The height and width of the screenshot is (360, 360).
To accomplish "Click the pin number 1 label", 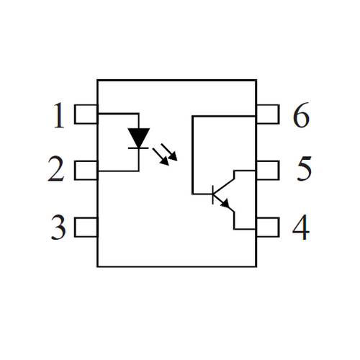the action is click(59, 115).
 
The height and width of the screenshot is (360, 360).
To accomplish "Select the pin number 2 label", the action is click(56, 168).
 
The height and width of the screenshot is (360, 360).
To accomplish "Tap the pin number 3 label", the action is click(58, 227).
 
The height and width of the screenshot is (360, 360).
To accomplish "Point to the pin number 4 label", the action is click(301, 227).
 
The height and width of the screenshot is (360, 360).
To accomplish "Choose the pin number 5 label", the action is click(305, 168).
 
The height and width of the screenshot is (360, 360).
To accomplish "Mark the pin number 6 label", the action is click(301, 115).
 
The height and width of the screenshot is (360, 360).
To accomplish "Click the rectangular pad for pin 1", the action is click(86, 114).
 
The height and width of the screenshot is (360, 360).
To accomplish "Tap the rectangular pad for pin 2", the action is click(86, 171).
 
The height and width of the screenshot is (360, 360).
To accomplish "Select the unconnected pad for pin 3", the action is click(86, 227).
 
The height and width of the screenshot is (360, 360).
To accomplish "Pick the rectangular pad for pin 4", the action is click(268, 227).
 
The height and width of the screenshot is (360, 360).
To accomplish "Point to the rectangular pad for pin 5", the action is click(268, 171).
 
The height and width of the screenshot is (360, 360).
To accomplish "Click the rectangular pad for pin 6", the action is click(268, 114).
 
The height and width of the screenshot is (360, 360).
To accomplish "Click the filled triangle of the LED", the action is click(139, 136).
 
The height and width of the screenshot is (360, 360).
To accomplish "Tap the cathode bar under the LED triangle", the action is click(138, 148).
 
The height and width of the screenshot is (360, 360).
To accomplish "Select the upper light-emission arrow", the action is click(169, 152).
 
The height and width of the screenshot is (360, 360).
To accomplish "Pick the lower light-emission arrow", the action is click(161, 156).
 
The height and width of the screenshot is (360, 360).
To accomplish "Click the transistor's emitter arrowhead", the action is click(225, 204).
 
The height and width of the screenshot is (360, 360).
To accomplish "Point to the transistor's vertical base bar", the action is click(212, 194).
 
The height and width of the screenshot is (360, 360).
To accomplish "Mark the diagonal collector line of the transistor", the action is click(224, 186).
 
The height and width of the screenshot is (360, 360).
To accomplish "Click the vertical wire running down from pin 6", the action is click(192, 155).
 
